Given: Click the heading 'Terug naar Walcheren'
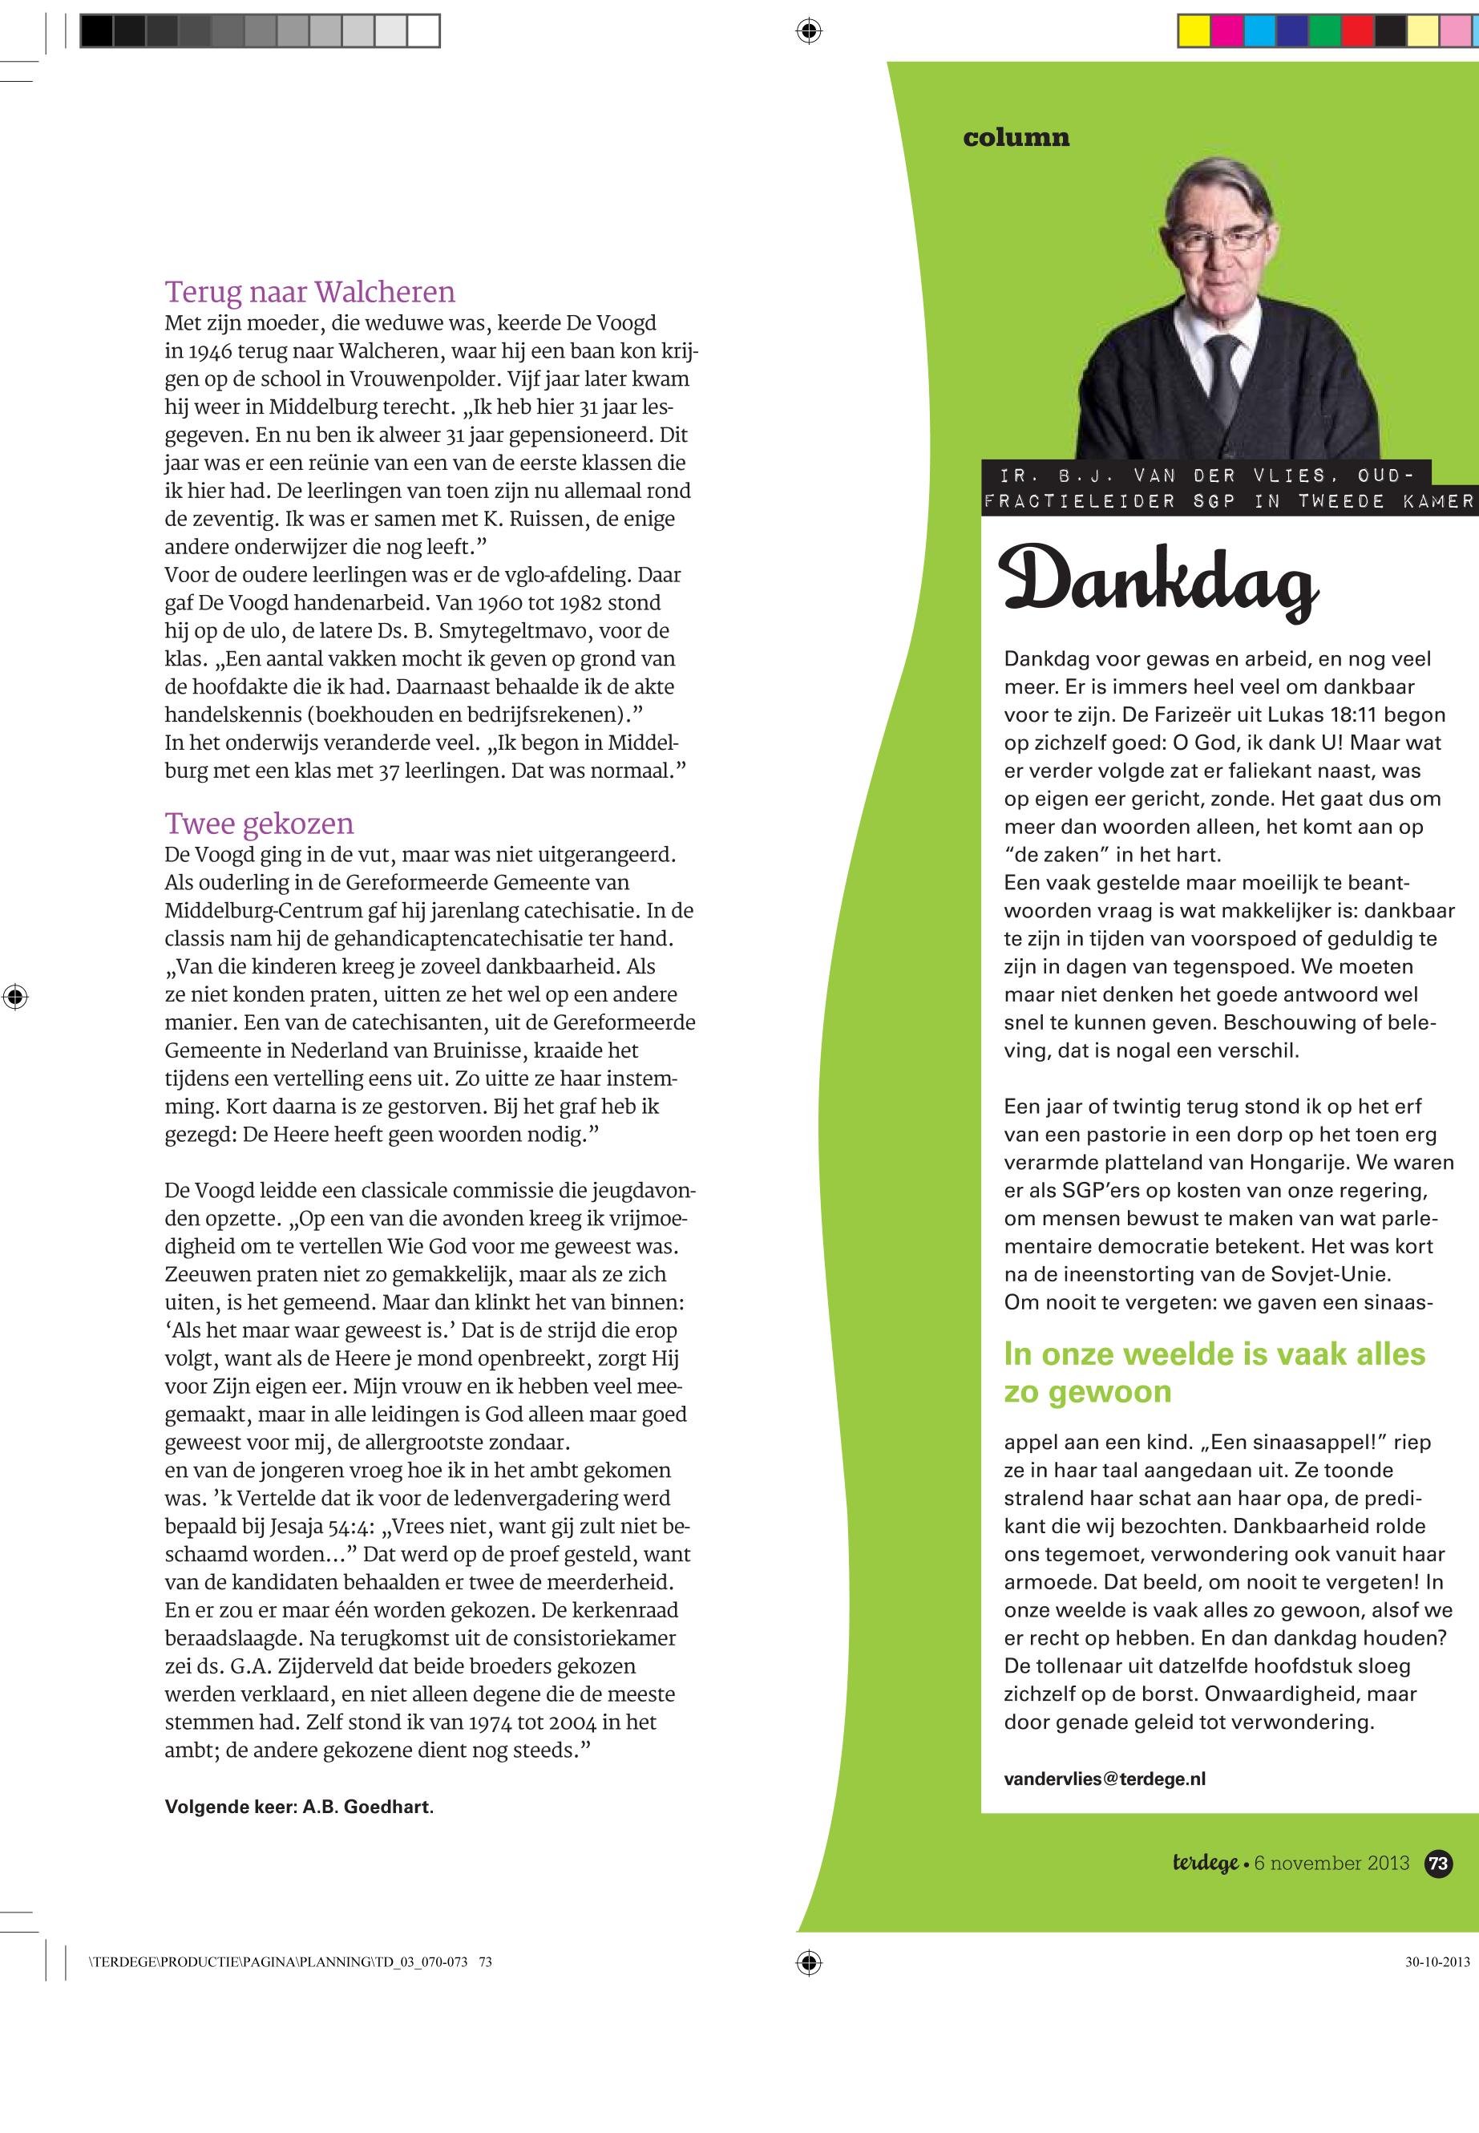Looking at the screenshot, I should point(309,292).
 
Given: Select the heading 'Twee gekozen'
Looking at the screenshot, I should point(259,824).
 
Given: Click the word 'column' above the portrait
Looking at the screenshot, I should point(1016,137).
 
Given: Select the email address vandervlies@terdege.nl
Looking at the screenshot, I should point(1105,1778).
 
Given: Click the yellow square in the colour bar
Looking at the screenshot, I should point(1194,31).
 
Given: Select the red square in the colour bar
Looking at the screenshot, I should point(1358,31).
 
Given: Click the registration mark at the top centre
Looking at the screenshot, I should point(808,31).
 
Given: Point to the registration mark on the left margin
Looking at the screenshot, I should point(14,998).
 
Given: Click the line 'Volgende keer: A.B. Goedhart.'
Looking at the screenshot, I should point(299,1807).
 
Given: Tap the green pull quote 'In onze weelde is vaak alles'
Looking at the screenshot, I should point(1214,1354).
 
